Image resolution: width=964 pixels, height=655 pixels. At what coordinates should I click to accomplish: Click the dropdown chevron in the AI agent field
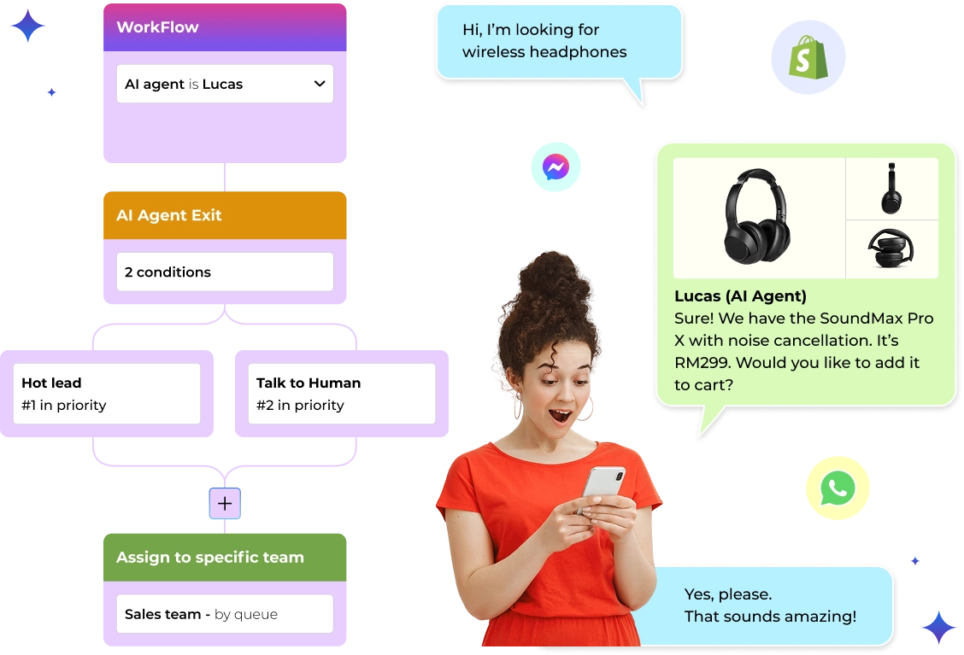click(319, 84)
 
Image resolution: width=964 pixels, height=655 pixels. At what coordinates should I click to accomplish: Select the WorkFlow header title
click(157, 27)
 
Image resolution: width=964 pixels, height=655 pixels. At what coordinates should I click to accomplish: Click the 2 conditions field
click(225, 272)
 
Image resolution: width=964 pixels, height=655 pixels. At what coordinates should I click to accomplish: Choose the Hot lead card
click(107, 394)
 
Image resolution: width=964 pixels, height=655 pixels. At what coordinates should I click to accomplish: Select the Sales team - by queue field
click(225, 614)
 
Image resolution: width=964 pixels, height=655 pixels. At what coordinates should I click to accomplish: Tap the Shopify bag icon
click(808, 58)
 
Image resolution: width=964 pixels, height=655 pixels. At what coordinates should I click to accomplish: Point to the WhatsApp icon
click(837, 488)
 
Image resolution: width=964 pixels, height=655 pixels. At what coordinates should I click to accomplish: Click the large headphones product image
click(757, 216)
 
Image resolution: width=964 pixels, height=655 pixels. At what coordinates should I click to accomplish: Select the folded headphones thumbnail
click(891, 249)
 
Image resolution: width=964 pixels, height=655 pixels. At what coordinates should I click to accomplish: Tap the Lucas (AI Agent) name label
click(740, 296)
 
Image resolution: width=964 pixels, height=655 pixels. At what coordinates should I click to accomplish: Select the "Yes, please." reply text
click(727, 594)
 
